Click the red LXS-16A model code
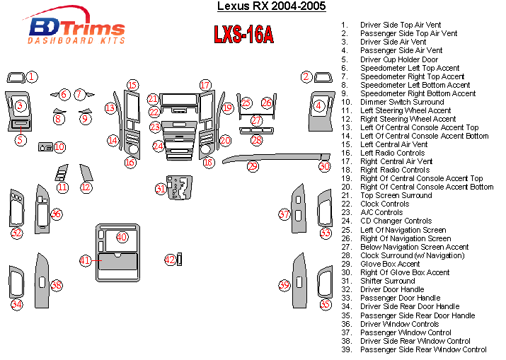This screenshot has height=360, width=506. tap(243, 35)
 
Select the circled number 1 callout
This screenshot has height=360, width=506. tap(33, 76)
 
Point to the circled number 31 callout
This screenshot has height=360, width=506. tap(161, 189)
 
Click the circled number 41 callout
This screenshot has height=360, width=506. tap(86, 260)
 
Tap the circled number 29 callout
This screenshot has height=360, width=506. tap(252, 166)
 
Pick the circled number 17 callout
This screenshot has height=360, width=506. tap(205, 86)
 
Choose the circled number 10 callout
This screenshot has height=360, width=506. tap(59, 147)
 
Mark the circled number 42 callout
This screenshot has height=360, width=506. tap(170, 260)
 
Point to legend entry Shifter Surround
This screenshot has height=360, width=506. tap(387, 281)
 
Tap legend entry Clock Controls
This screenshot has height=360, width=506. tap(384, 204)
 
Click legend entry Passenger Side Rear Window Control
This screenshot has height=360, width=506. tap(423, 349)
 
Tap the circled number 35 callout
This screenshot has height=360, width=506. tap(325, 304)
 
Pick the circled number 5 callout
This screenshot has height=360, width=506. tap(21, 140)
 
